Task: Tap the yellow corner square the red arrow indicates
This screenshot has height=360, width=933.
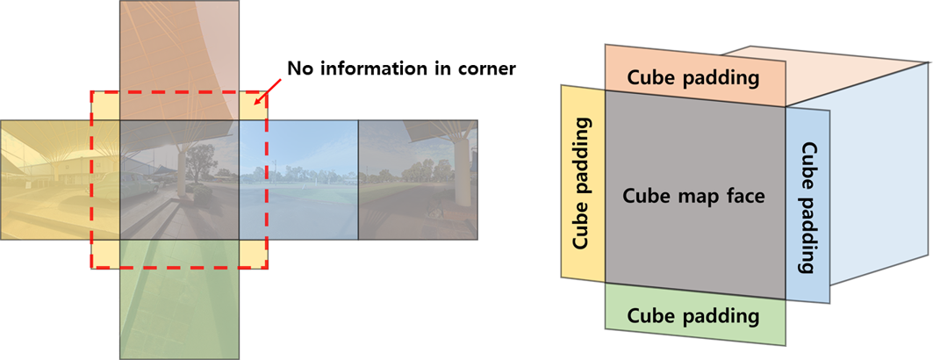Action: [253, 105]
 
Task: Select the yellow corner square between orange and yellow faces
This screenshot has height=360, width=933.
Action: [105, 105]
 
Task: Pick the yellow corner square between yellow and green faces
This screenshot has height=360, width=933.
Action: [105, 254]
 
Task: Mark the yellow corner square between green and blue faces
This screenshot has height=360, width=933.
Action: [253, 254]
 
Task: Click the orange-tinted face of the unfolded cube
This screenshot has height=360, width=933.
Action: [179, 53]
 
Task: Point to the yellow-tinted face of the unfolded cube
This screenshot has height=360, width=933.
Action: [53, 180]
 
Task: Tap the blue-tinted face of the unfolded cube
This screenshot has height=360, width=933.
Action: [298, 180]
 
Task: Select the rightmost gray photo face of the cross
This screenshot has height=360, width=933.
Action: [417, 180]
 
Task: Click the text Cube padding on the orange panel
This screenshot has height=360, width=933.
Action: [693, 77]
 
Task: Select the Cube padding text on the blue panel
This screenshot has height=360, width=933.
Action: [808, 206]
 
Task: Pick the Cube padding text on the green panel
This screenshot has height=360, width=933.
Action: [693, 314]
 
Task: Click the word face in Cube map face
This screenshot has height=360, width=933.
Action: [746, 195]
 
